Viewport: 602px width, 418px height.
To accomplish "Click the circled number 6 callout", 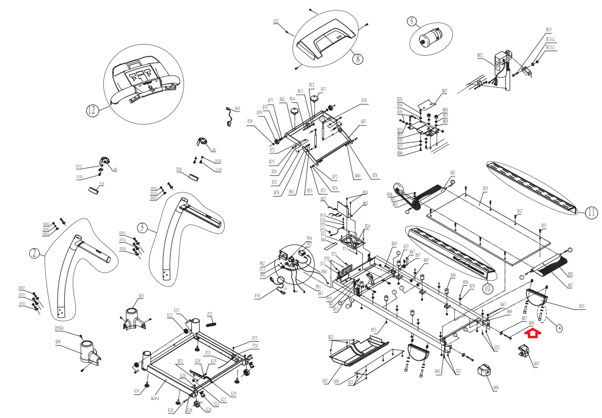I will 412,22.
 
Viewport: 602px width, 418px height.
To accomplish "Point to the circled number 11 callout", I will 591,213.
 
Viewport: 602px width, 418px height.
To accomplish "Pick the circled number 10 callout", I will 488,289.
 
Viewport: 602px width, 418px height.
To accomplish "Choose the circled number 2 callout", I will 34,253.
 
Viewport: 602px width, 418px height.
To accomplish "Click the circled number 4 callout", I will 559,328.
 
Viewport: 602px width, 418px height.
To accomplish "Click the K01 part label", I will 156,399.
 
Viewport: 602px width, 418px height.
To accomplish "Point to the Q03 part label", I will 141,296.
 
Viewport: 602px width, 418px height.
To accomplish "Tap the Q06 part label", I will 496,387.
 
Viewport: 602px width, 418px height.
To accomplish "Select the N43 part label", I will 237,108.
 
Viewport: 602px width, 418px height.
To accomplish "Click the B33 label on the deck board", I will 485,188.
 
